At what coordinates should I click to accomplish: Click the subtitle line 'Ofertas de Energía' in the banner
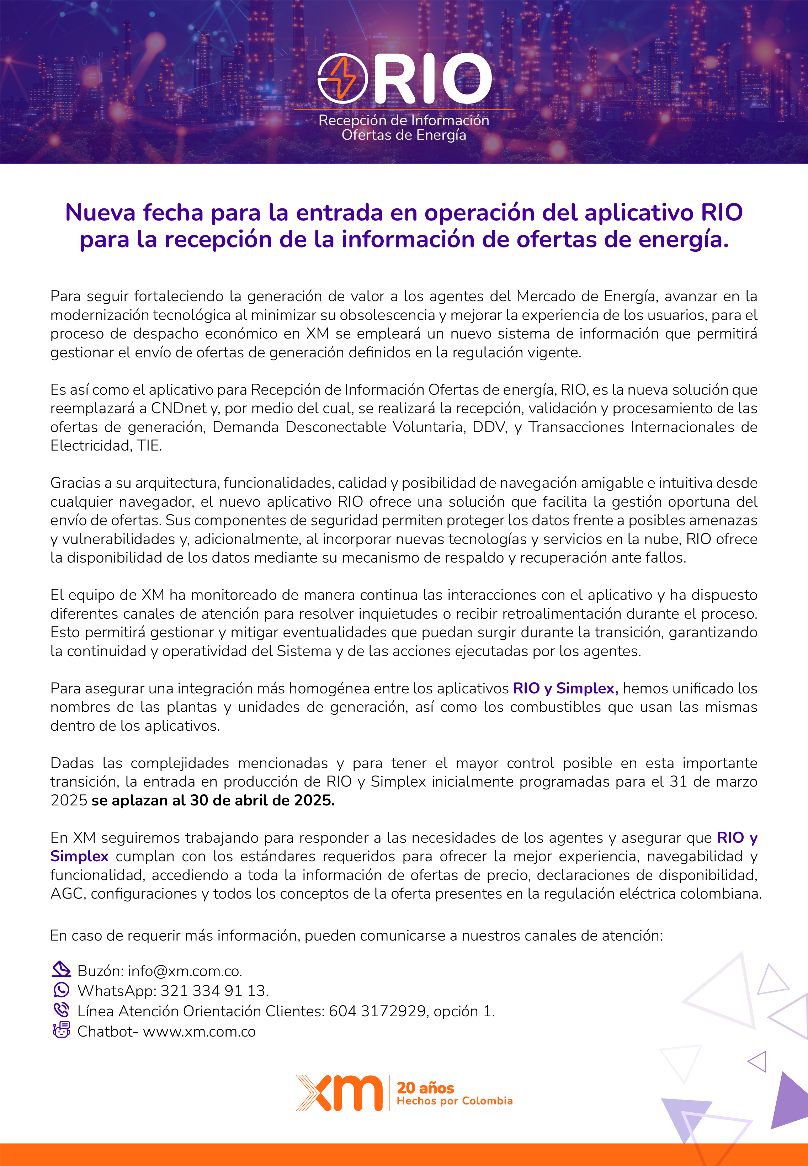tap(404, 135)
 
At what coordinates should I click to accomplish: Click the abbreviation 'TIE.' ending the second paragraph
tap(149, 446)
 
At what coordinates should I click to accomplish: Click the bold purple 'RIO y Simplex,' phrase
tap(565, 688)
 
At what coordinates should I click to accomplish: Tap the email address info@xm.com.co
tap(185, 971)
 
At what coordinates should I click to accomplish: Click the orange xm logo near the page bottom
tap(339, 1093)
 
